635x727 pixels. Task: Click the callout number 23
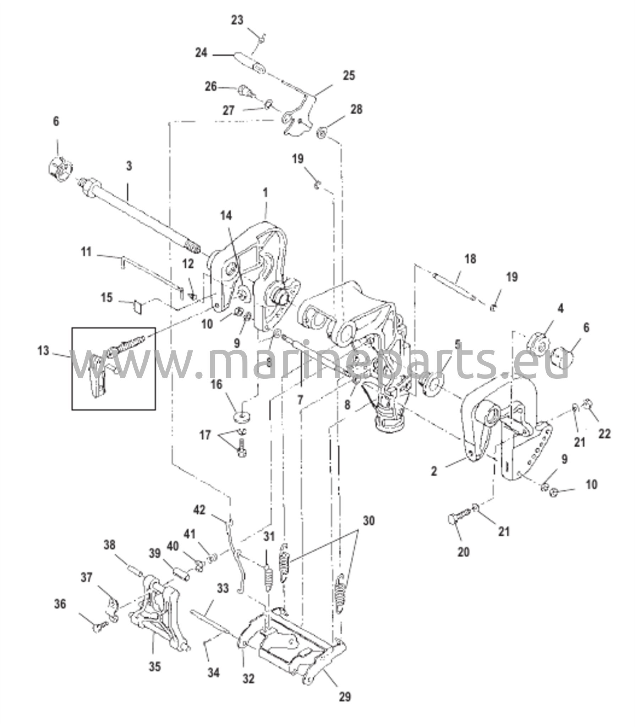(237, 20)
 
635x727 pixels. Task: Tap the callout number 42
(199, 510)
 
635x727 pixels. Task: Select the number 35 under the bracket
(155, 666)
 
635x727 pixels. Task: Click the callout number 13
(43, 351)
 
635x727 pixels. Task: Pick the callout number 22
(605, 433)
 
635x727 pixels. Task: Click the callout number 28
(356, 109)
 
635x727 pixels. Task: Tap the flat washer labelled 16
(241, 416)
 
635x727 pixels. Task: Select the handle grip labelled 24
(250, 62)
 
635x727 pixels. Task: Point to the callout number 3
(129, 166)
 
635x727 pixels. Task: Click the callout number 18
(470, 259)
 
